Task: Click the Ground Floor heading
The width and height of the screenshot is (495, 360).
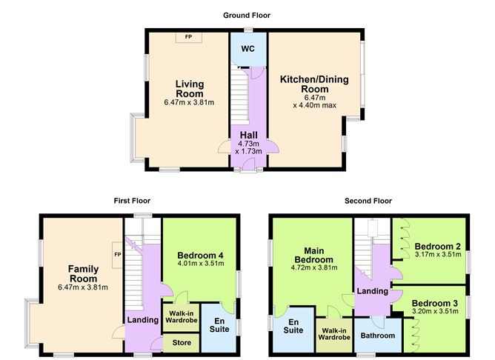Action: pos(247,15)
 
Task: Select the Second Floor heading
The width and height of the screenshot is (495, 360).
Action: pos(368,201)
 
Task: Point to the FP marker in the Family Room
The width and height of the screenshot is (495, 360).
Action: pos(117,256)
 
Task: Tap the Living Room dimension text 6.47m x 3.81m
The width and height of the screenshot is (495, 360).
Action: pos(189,102)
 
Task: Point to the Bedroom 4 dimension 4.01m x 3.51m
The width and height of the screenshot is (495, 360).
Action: pos(200,261)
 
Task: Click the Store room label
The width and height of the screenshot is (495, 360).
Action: pos(181,343)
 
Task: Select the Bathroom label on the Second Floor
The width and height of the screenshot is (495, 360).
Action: pos(377,335)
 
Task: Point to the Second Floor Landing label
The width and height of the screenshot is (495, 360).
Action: pos(372,292)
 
